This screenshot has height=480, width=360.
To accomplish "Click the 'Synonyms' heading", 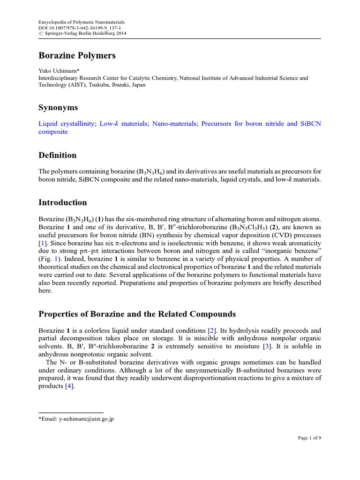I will click(x=58, y=108).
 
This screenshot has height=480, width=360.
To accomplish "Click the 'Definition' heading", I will click(x=57, y=155).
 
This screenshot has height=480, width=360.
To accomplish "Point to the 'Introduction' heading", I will click(x=62, y=202).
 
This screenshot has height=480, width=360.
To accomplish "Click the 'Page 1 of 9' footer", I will click(x=309, y=438).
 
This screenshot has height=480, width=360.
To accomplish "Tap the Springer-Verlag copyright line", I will click(x=82, y=34).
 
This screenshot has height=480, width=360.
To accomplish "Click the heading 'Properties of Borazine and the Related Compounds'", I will click(x=137, y=314).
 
